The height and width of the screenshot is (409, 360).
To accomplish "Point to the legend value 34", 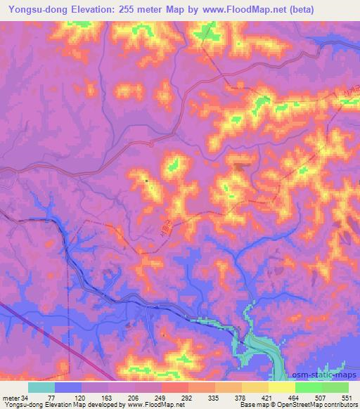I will pos(24,398).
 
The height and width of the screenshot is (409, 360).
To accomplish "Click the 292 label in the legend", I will pos(187,398).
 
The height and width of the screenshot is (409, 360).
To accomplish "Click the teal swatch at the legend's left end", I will pos(41,387).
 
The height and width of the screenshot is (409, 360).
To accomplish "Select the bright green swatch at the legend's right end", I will pos(335,387).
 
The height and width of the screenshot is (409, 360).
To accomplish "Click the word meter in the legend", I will pos(10,398).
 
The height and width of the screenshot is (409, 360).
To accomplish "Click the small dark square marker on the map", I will pos(146,181).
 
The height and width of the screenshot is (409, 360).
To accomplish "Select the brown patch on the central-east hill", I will pos(240,168).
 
